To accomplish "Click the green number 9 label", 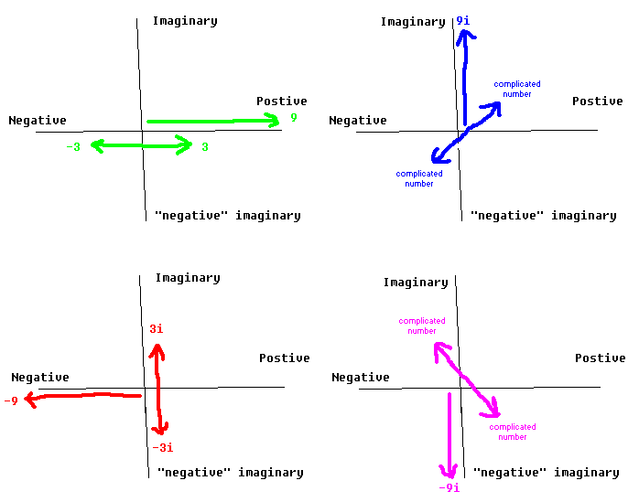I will (x=294, y=118).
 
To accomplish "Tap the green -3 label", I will (x=73, y=146).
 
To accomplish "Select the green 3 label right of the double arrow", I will (x=205, y=146).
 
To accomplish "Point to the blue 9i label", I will (x=462, y=19).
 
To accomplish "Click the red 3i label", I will (x=157, y=329).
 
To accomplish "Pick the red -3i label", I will (x=162, y=447).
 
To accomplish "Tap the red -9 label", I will (x=11, y=401).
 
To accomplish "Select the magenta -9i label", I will (x=449, y=487).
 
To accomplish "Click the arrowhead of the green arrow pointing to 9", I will (x=274, y=120).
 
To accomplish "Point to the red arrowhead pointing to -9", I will (x=28, y=399).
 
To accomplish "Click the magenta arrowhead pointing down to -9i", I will (x=449, y=473).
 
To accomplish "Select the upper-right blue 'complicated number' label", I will (x=517, y=89).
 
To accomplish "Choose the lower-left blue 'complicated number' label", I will (x=419, y=178).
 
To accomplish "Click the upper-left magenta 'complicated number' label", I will (x=422, y=326).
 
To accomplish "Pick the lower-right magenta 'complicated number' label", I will (x=513, y=432).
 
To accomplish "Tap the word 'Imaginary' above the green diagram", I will (x=185, y=20).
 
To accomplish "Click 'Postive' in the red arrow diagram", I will (x=284, y=358).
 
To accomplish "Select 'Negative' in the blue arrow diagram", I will (x=358, y=120).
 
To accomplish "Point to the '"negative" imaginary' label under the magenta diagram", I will (x=546, y=473).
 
